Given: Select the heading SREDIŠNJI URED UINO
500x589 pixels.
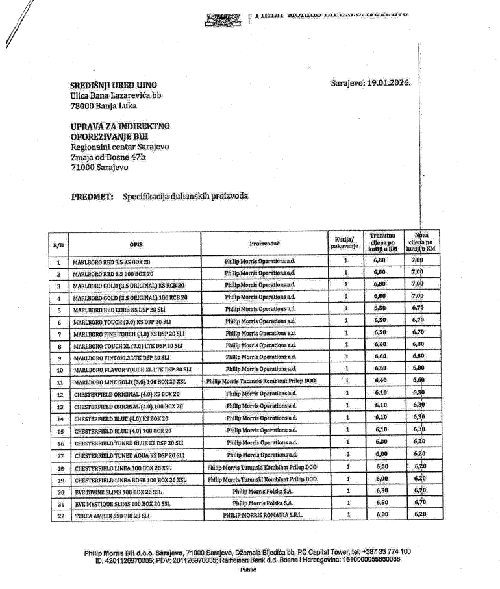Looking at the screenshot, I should (114, 85).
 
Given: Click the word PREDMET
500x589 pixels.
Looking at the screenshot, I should (92, 196).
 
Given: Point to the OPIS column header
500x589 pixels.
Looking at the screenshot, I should (136, 244).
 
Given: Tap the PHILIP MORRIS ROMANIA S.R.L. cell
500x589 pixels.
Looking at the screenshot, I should (263, 514).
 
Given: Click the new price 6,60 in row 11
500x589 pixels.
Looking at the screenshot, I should (419, 381).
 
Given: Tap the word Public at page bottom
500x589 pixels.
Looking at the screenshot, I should (248, 570).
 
